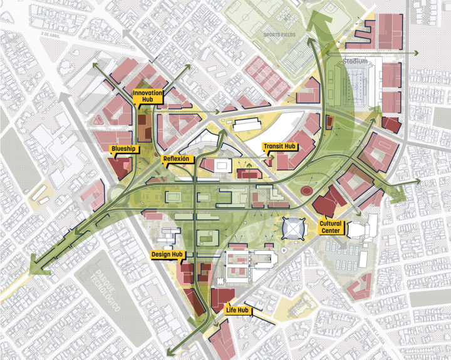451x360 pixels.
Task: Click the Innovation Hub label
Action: tap(147, 96)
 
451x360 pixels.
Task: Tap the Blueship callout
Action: tap(122, 149)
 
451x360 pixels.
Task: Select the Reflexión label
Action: tap(176, 159)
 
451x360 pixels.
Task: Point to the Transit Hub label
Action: tap(279, 147)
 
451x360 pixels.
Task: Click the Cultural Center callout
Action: tap(330, 227)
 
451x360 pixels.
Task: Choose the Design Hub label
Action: tap(167, 255)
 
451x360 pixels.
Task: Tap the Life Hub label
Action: tap(238, 310)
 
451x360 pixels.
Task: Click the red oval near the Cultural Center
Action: tap(307, 190)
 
